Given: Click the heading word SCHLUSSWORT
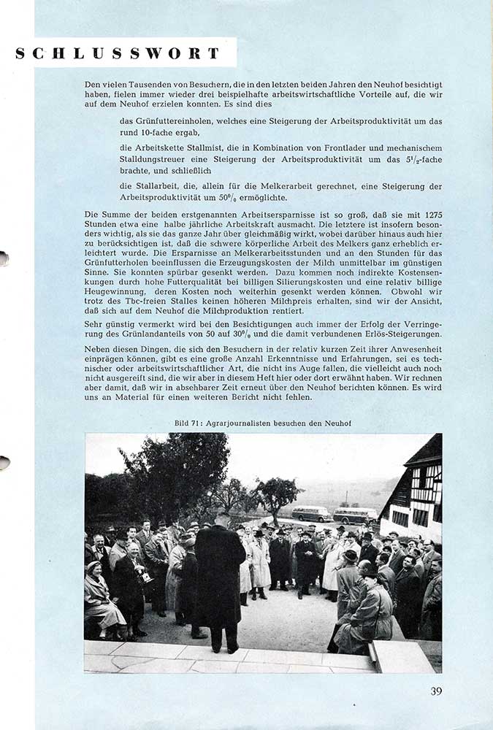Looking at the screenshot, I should pos(117,53).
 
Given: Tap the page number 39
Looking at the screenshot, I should pos(436,691).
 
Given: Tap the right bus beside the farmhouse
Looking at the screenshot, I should pos(356,515).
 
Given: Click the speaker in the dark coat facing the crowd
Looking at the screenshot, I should pos(219,577).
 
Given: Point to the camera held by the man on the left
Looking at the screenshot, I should pos(145,576).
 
